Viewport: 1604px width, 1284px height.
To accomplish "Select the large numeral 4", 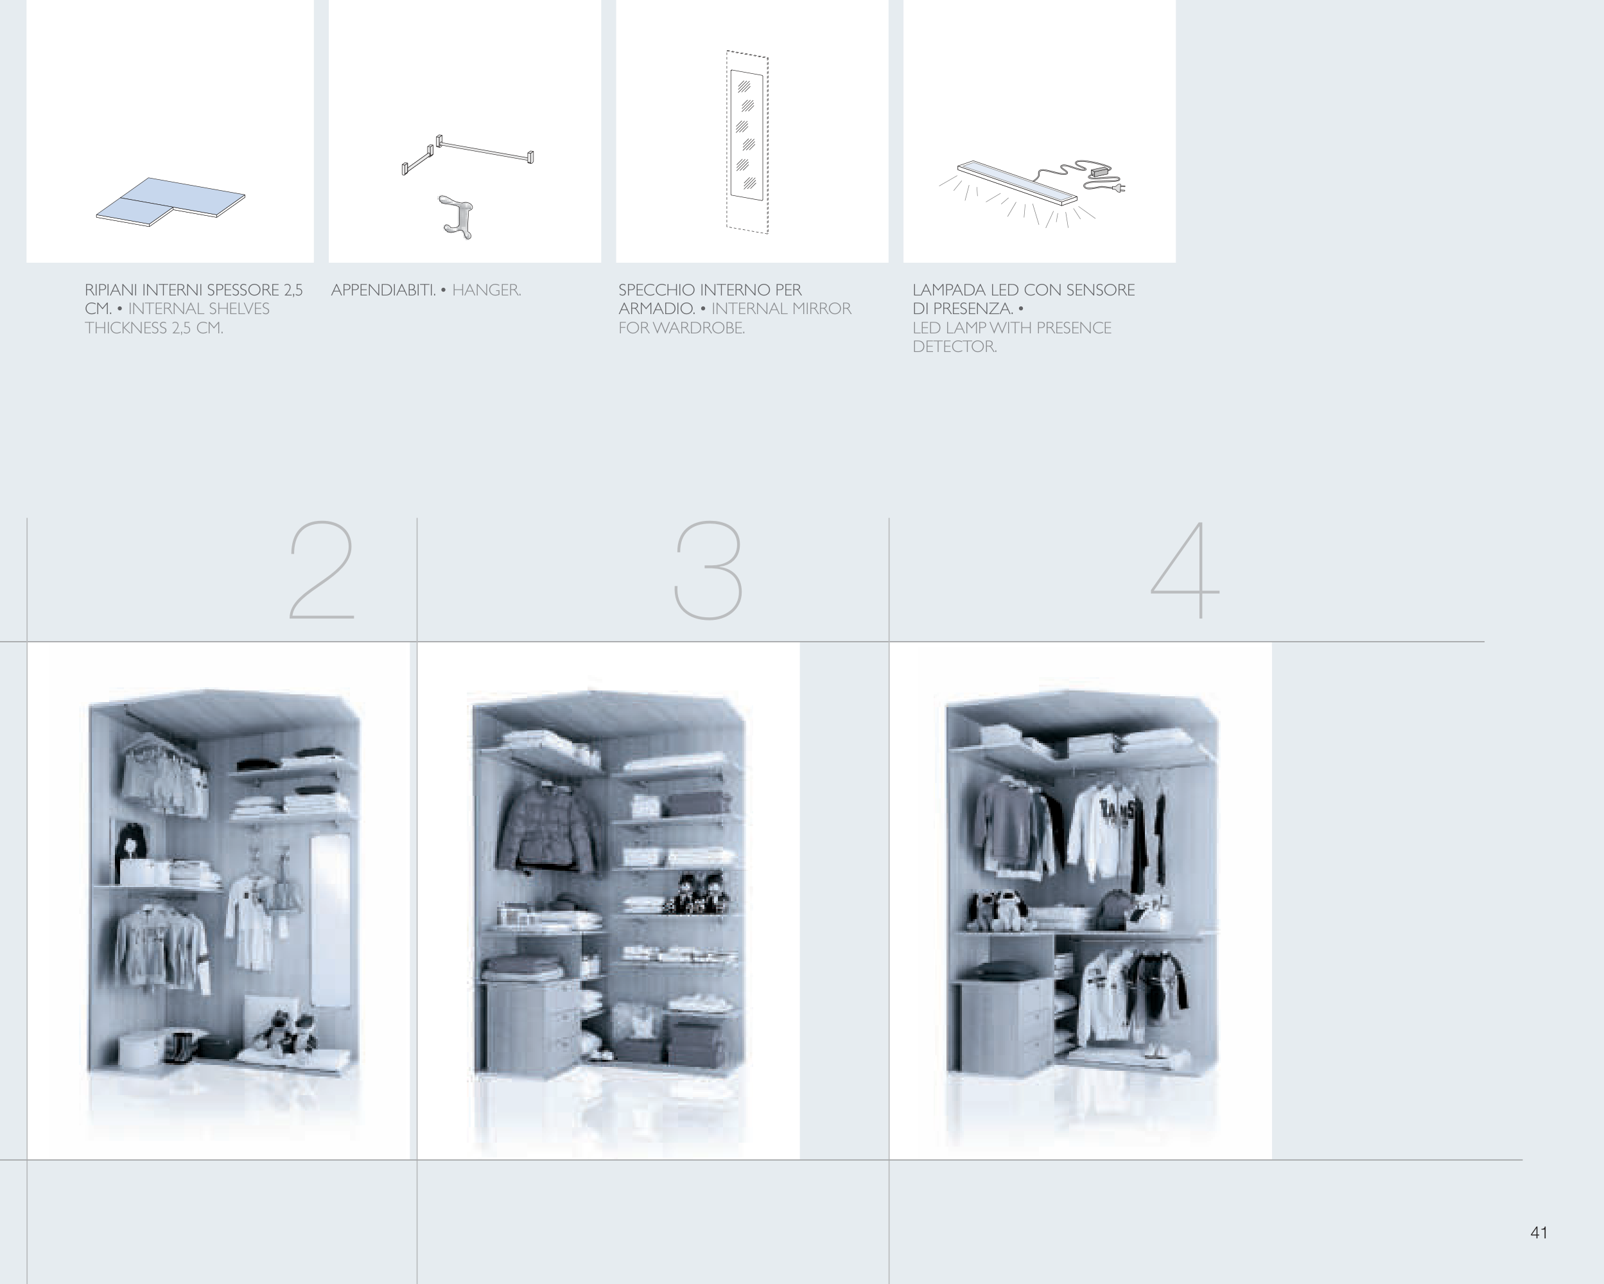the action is (1185, 570).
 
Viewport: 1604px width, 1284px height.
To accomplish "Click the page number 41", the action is (1539, 1233).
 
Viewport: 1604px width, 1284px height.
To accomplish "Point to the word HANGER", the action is (487, 290).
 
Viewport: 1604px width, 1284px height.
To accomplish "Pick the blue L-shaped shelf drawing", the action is (170, 202).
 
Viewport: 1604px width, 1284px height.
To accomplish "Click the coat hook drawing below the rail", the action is (455, 217).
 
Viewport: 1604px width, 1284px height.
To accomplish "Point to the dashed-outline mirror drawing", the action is (747, 141).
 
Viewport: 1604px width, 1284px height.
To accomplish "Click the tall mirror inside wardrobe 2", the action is (329, 920).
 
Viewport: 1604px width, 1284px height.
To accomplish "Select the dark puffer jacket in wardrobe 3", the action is (547, 826).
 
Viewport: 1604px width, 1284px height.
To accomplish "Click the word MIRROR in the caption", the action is (819, 309).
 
